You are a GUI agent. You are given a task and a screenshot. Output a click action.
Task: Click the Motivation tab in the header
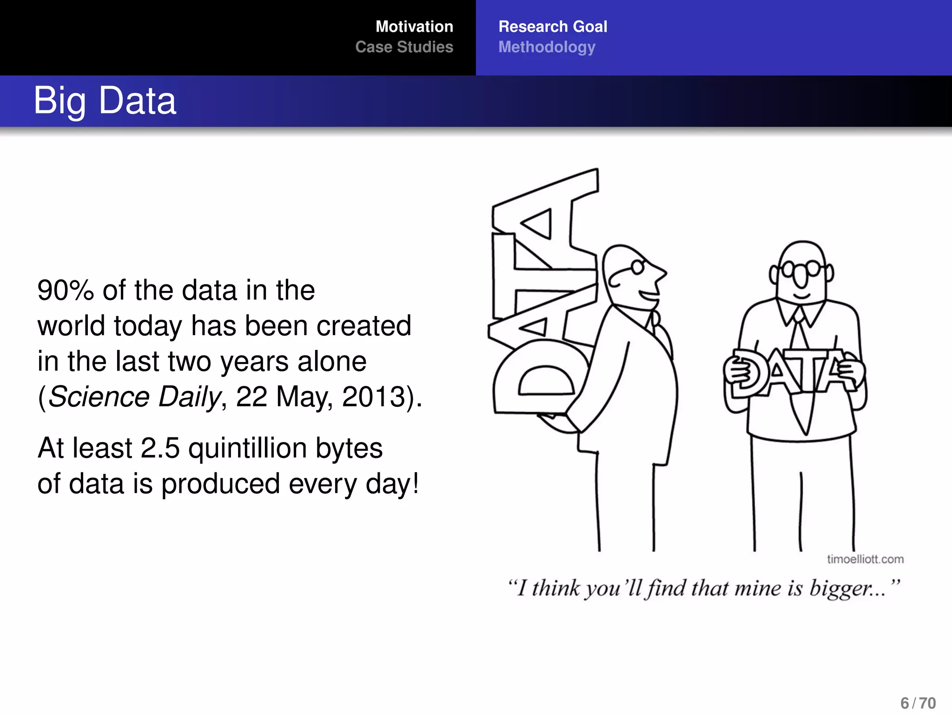(x=414, y=26)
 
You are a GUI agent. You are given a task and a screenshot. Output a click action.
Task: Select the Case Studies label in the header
(x=404, y=47)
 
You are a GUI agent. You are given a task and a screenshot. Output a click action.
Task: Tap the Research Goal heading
(x=553, y=26)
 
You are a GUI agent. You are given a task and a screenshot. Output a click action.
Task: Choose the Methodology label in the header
(x=547, y=47)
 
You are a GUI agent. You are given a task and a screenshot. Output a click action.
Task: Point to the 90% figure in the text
(x=66, y=291)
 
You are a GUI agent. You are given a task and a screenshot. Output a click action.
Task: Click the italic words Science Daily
(x=134, y=397)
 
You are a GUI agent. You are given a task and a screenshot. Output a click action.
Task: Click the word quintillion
(x=247, y=449)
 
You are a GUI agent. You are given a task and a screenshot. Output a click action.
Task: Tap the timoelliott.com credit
(x=865, y=559)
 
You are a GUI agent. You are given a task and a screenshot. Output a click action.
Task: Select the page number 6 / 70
(x=918, y=703)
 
